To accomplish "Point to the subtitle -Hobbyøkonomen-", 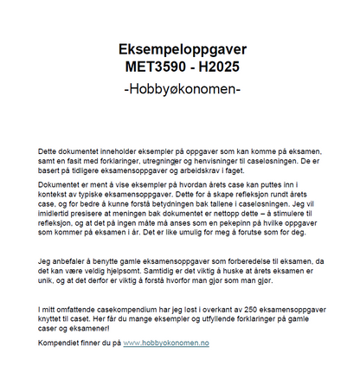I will tap(180, 89).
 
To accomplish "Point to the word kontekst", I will tap(55, 196).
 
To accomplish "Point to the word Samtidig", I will tap(176, 271).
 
